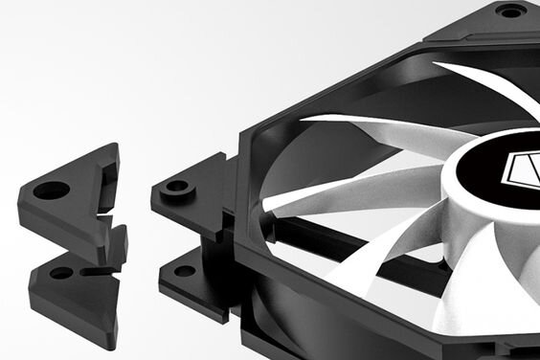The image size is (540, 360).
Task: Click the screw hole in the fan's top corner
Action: [510, 11]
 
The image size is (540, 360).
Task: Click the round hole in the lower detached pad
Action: [60, 273]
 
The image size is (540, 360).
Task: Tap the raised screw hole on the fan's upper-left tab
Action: [177, 187]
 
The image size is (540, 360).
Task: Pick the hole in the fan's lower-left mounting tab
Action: [185, 271]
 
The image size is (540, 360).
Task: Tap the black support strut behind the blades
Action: [373, 251]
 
